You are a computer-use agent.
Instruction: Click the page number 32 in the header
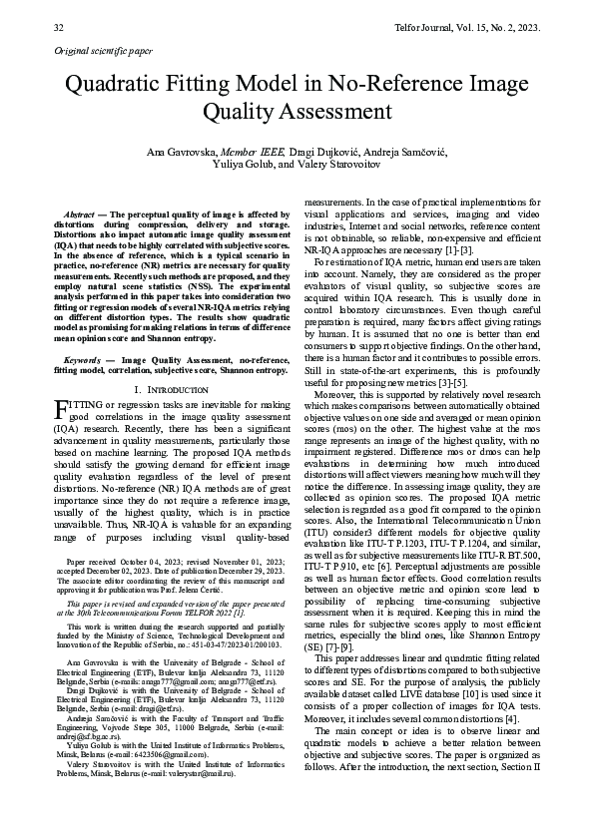[58, 28]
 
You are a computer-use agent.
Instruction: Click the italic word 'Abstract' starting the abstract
[79, 214]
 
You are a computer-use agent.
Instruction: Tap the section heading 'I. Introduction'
[170, 387]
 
